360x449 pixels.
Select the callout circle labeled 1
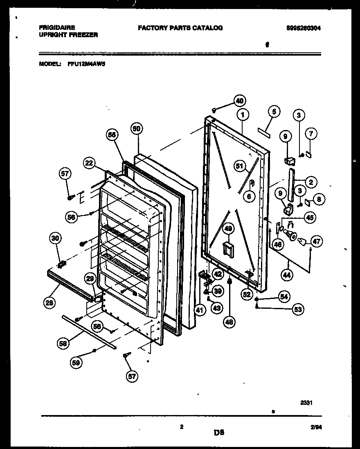tap(243, 115)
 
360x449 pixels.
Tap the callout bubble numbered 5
tap(274, 111)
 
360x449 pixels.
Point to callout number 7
tap(312, 133)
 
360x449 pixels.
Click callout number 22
tap(89, 163)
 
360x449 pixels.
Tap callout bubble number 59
tap(75, 361)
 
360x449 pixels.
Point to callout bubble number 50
tap(137, 128)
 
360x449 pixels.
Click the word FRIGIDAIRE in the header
tap(57, 28)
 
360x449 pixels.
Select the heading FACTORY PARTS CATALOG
tap(180, 28)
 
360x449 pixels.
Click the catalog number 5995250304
tap(303, 28)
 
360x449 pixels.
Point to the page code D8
tap(219, 431)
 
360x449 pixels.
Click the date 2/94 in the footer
tap(315, 427)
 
